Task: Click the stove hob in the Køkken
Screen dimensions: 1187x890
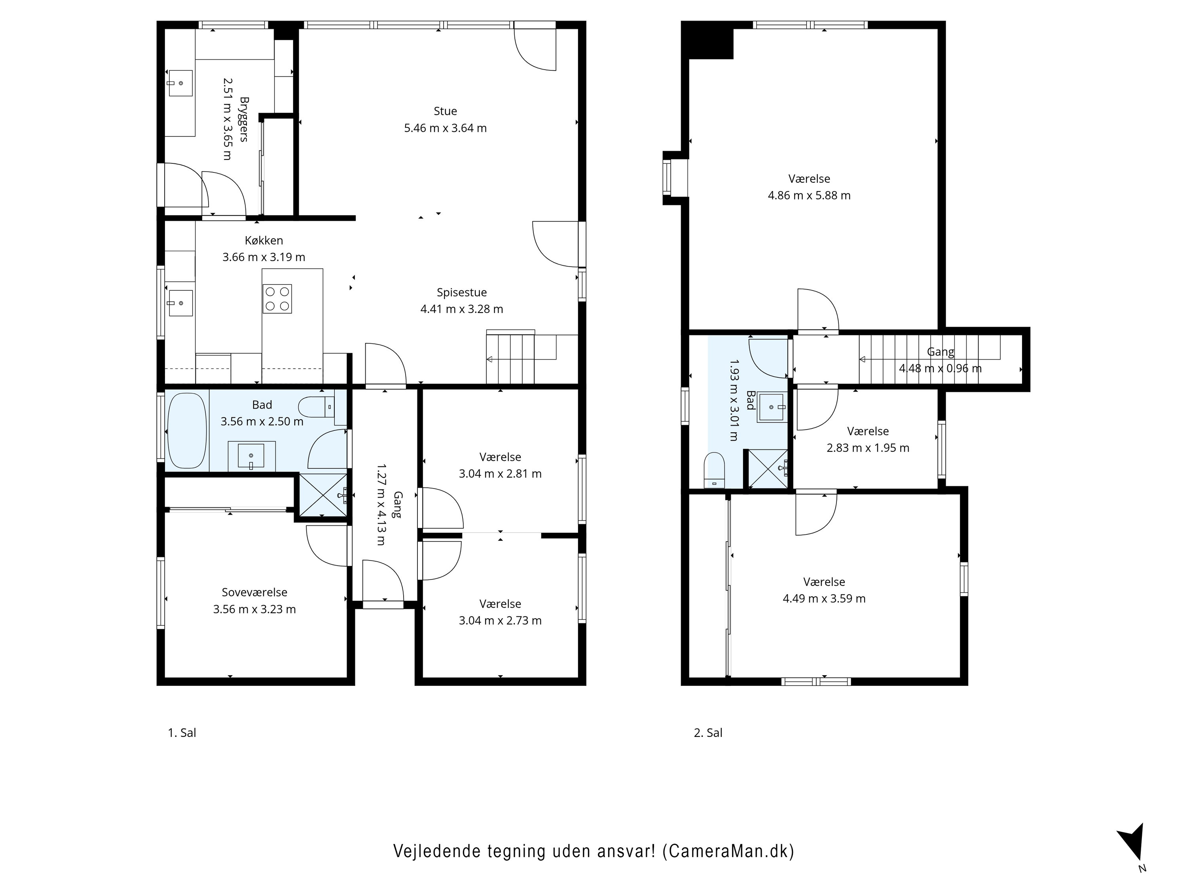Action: [x=277, y=299]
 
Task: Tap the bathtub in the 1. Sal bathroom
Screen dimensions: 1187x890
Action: [x=187, y=431]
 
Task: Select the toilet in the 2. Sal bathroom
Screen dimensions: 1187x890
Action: [x=714, y=470]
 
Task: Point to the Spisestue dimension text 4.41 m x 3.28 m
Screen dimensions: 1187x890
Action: [x=461, y=309]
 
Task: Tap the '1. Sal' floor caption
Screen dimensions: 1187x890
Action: [x=182, y=733]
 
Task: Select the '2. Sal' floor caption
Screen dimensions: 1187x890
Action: [x=708, y=733]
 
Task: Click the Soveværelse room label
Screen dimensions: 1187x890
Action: [x=254, y=592]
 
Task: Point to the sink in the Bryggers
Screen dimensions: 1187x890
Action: [x=181, y=83]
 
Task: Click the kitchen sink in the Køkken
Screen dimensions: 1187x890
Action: [x=181, y=303]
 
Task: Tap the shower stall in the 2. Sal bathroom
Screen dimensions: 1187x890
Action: [x=768, y=468]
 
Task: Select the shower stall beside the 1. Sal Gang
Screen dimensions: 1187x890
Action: [x=322, y=495]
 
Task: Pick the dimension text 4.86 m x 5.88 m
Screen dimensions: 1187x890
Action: [x=809, y=195]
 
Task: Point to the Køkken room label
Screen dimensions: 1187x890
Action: [x=264, y=240]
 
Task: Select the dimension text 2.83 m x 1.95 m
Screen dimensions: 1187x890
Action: [x=868, y=448]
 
